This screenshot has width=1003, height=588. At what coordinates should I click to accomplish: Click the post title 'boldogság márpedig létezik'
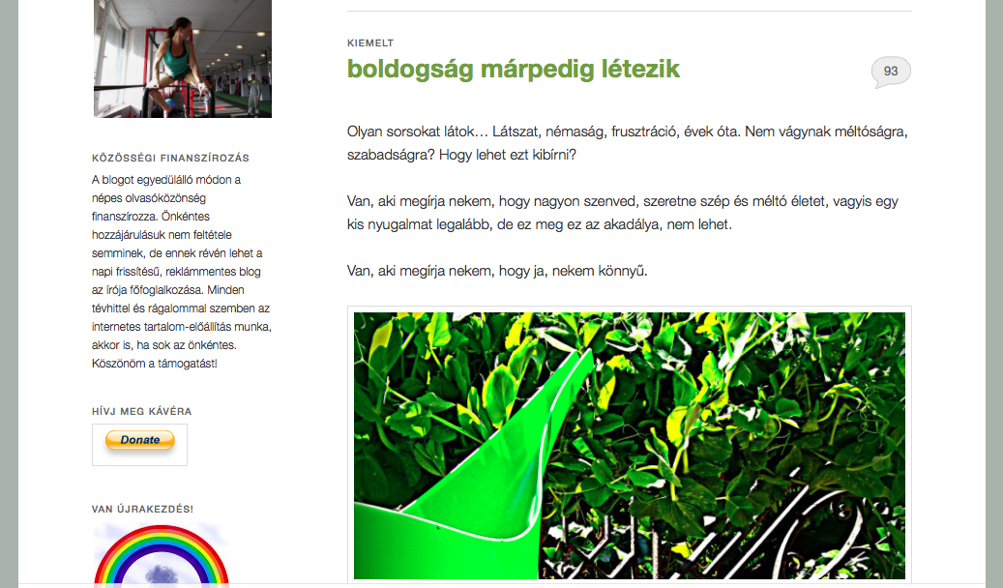coord(514,69)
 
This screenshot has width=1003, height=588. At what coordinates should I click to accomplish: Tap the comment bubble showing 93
coord(891,72)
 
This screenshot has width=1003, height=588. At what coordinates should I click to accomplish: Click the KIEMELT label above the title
coord(370,43)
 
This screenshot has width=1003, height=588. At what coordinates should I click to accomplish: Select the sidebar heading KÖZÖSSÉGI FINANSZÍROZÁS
coord(170,158)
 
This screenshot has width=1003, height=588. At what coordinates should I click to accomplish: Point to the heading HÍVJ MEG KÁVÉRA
coord(141,411)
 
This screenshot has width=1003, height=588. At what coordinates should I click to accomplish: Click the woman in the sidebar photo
coord(174,53)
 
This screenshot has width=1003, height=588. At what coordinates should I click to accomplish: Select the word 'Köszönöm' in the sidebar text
coord(116,364)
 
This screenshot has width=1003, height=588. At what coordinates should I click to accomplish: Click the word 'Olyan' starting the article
coord(366,131)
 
